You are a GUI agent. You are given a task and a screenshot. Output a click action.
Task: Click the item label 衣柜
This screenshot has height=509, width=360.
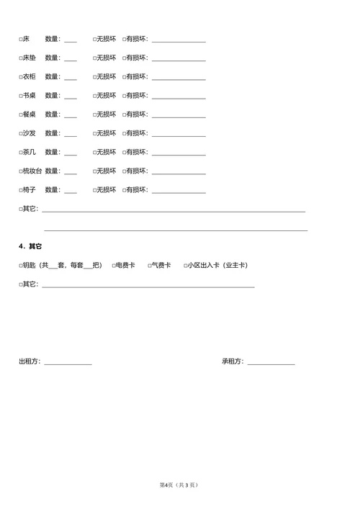point(29,77)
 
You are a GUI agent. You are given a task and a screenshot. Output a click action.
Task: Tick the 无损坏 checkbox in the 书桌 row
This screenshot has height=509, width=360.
point(94,96)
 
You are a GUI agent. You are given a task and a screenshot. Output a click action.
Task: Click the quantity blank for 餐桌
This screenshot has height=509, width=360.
point(70,115)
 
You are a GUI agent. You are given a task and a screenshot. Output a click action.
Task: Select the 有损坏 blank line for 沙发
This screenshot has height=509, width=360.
point(178,134)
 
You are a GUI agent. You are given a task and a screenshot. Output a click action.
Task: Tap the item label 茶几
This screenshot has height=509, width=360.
point(29,152)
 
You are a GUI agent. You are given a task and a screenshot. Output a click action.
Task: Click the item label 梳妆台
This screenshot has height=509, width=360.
point(32,171)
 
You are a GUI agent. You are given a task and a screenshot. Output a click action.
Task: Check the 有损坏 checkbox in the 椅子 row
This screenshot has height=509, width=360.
point(125,190)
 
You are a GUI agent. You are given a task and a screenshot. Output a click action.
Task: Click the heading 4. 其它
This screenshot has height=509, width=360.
point(30,246)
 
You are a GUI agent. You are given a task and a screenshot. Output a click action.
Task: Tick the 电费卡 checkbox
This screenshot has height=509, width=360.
point(114,266)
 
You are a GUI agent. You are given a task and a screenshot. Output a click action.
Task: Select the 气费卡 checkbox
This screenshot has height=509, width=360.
point(150,266)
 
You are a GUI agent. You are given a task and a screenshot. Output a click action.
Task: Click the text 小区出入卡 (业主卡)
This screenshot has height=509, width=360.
point(217,266)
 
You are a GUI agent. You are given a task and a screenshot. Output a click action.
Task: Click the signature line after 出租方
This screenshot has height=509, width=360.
point(68,362)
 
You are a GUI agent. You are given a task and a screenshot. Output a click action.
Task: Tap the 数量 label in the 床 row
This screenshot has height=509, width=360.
point(53,39)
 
